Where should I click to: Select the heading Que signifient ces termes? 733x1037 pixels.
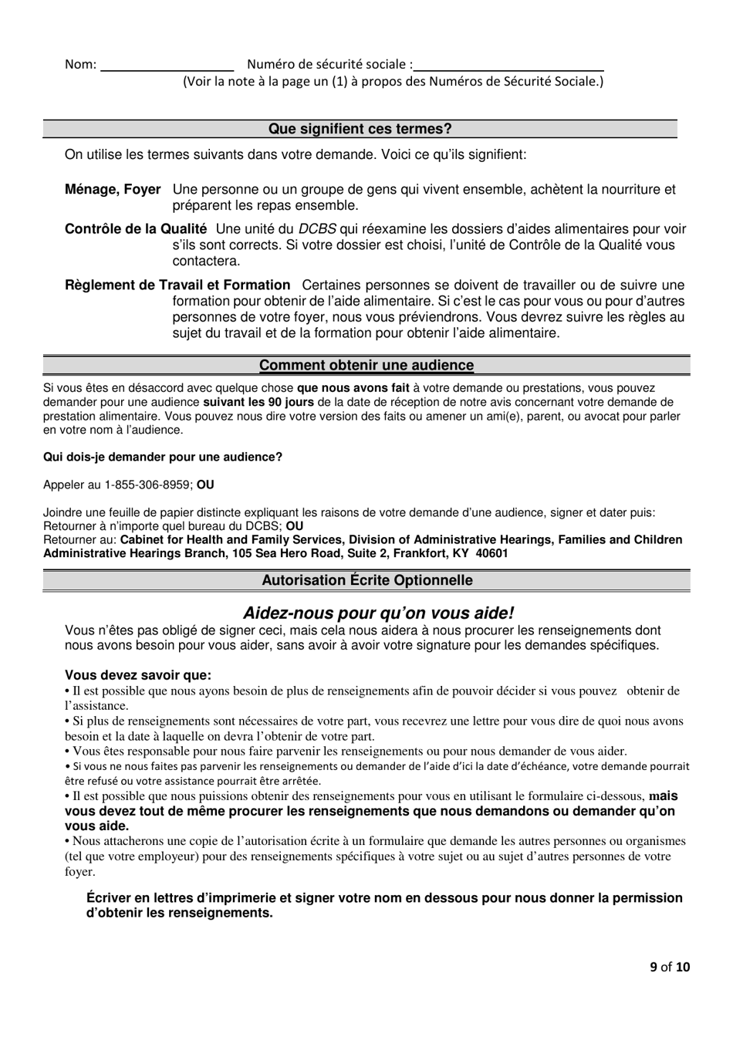pos(360,129)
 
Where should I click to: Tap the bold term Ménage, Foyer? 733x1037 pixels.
pos(113,189)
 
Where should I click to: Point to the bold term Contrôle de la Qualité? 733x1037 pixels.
pos(136,228)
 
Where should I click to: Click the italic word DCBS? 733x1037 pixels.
pos(317,228)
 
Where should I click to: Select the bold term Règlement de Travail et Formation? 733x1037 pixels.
pos(177,285)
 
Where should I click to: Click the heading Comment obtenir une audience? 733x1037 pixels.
pos(366,365)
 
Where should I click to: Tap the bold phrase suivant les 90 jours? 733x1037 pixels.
pos(258,402)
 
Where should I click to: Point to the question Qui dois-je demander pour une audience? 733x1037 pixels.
pos(163,457)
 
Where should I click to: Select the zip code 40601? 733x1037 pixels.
pos(491,553)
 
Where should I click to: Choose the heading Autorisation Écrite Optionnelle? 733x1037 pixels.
pos(367,579)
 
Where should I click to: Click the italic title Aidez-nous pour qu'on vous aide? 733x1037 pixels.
pos(378,613)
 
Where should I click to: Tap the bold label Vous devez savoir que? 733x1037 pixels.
pos(137,675)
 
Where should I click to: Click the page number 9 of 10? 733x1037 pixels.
pos(669,966)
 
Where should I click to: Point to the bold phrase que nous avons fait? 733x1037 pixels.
pos(353,388)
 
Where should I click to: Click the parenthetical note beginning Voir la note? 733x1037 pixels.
pos(393,81)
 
